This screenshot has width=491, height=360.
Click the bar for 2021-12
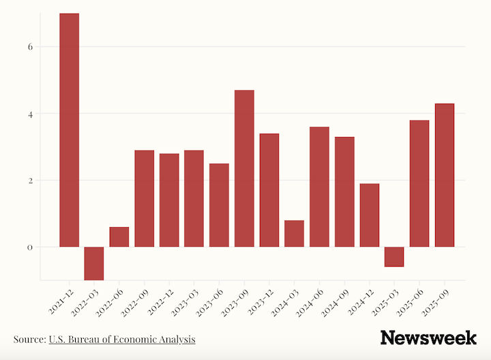pyautogui.click(x=69, y=130)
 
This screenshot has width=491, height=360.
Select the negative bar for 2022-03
pyautogui.click(x=94, y=263)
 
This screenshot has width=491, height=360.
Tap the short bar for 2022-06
pyautogui.click(x=119, y=237)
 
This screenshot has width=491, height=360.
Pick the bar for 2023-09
pyautogui.click(x=244, y=168)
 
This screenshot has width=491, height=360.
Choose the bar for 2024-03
pyautogui.click(x=294, y=233)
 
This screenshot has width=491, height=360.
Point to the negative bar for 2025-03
pyautogui.click(x=394, y=257)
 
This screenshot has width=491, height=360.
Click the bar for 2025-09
pyautogui.click(x=445, y=175)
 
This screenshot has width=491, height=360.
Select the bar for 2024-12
pyautogui.click(x=369, y=215)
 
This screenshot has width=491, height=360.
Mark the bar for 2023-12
pyautogui.click(x=269, y=190)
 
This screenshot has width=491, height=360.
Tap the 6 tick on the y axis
pyautogui.click(x=30, y=47)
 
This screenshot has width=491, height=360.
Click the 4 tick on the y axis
pyautogui.click(x=30, y=114)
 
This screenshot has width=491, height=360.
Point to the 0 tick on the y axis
pyautogui.click(x=30, y=247)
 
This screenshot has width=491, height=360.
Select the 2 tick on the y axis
pyautogui.click(x=30, y=181)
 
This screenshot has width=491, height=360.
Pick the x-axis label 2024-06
pyautogui.click(x=309, y=301)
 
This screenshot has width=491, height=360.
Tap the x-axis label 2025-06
pyautogui.click(x=409, y=301)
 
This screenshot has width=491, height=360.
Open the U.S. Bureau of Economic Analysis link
pyautogui.click(x=122, y=339)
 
